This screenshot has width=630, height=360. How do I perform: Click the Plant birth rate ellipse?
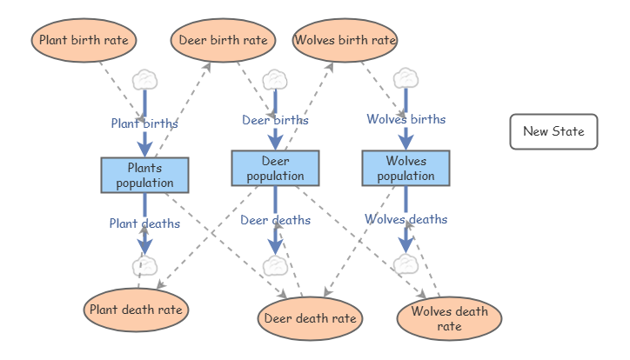coord(84,40)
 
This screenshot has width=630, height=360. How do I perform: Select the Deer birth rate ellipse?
coord(223,40)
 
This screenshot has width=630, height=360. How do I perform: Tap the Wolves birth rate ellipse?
coord(345,40)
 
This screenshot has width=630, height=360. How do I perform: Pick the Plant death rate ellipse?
coord(137,310)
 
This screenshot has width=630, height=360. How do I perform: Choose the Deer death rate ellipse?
coord(310,318)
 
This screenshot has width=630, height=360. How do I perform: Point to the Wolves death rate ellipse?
coord(449,318)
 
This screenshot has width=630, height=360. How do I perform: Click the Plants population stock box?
coord(144,175)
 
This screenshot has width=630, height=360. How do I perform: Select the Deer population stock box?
coord(275,168)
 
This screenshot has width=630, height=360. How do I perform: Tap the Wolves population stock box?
coord(405,168)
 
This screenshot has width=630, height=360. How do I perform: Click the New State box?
coord(553,131)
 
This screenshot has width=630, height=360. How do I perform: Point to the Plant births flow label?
coord(144,123)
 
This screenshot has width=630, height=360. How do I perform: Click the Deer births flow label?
coord(275,120)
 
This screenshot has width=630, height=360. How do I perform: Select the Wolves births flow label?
coord(406,119)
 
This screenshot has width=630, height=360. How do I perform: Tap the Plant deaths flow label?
coord(144,223)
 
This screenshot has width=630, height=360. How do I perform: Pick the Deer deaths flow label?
coord(276,220)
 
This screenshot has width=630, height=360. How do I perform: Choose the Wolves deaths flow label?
coord(405,219)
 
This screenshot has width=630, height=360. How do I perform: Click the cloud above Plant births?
coord(144,80)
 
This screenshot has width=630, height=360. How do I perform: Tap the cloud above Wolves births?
coord(405,78)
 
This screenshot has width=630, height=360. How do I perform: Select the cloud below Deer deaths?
coord(275,266)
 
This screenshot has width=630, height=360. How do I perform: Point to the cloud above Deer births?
coord(275,79)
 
